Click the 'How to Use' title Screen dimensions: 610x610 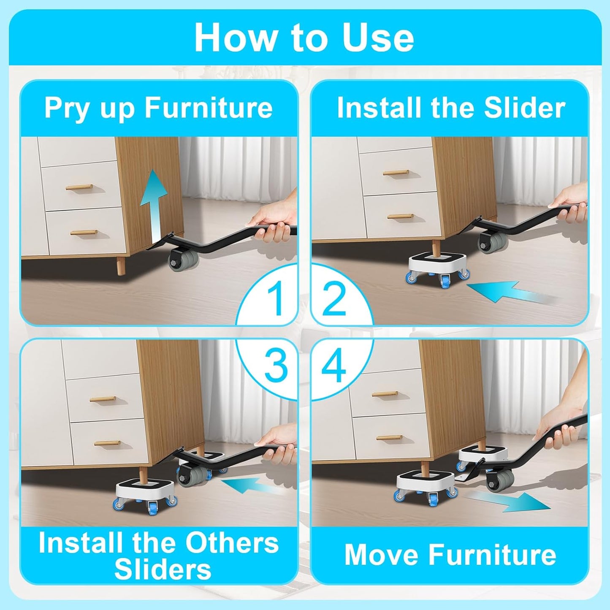304,38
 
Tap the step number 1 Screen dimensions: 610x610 277,298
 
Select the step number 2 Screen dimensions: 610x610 334,298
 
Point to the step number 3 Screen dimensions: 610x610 276,366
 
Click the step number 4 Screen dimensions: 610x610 334,366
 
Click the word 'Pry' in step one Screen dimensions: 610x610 68,108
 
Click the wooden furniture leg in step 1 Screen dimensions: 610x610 121,266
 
